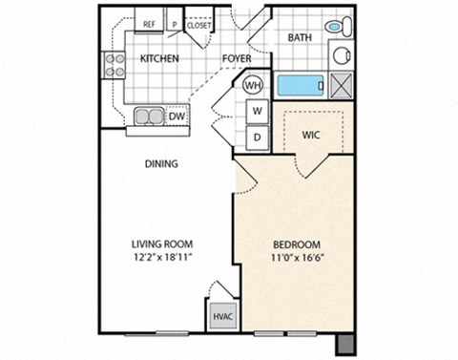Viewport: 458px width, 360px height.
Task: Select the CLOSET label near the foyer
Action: (x=198, y=26)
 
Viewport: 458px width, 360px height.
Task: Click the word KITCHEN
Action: (x=160, y=58)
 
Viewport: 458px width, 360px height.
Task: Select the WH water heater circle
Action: (x=253, y=85)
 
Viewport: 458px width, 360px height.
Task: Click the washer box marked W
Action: (x=257, y=111)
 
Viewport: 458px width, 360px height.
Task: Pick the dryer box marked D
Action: (x=257, y=137)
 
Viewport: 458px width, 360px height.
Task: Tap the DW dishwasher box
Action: (x=177, y=116)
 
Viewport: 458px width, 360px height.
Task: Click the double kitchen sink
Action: (x=148, y=116)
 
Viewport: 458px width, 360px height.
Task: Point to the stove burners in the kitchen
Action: (x=114, y=64)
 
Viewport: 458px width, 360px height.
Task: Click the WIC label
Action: (x=310, y=135)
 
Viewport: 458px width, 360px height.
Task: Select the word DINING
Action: (x=161, y=163)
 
